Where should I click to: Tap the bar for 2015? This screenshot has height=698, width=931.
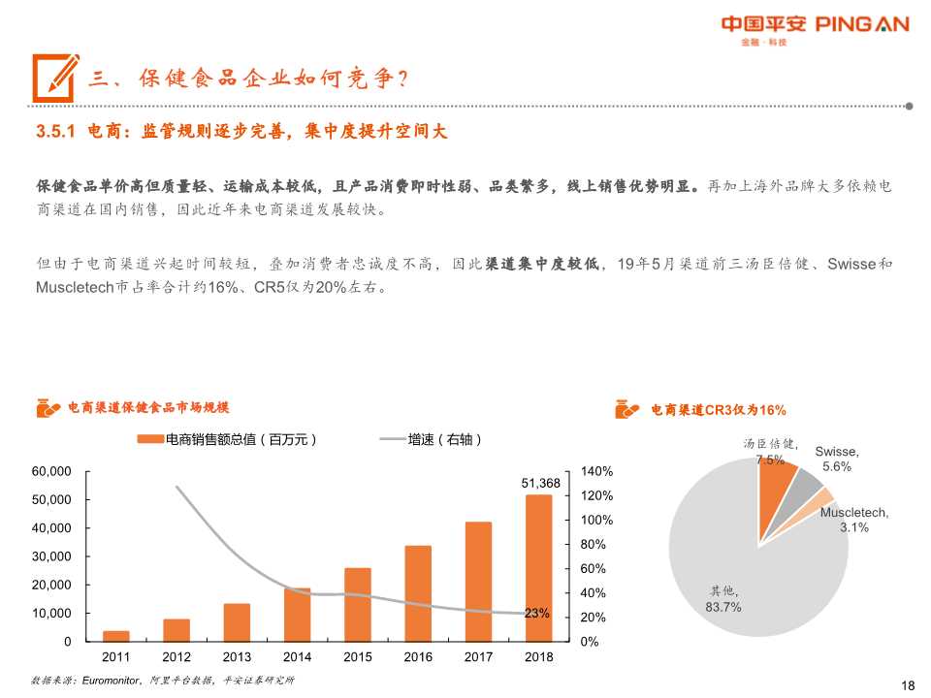click(x=358, y=603)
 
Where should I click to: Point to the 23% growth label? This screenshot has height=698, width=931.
click(x=537, y=613)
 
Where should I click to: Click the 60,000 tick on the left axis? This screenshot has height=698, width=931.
click(x=52, y=471)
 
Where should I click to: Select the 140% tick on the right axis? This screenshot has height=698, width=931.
click(x=597, y=471)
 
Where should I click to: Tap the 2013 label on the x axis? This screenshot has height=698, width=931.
click(x=237, y=657)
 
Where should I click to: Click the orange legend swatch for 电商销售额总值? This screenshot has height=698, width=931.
click(x=151, y=440)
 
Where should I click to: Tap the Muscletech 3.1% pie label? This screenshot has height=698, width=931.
click(x=853, y=521)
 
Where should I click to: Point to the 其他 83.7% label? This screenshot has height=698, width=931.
click(x=722, y=599)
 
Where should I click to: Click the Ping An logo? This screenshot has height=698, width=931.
click(x=815, y=26)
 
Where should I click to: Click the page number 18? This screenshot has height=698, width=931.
click(x=908, y=684)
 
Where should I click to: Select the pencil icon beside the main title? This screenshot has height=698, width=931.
click(x=55, y=76)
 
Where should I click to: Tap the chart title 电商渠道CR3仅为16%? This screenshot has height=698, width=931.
click(x=718, y=410)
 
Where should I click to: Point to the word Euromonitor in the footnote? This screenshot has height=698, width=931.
click(x=109, y=681)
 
